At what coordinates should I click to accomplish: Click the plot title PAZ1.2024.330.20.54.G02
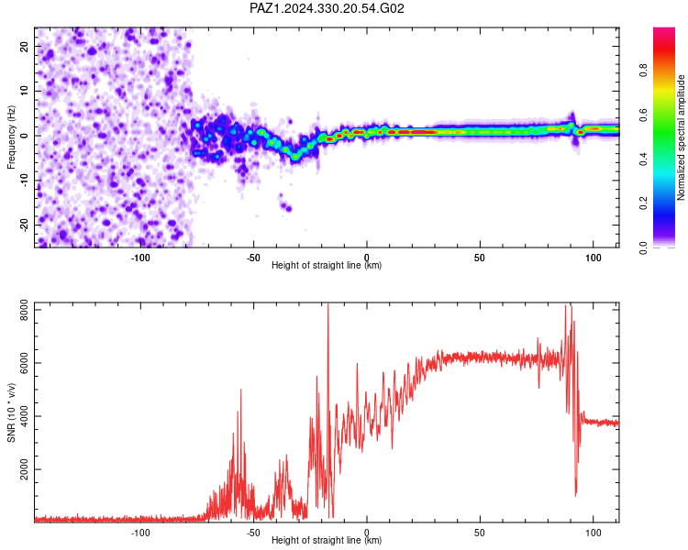point(327,8)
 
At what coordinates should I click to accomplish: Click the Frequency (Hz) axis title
point(11,137)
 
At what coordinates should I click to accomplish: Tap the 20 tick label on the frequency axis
point(24,47)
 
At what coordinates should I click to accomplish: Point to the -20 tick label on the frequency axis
point(24,225)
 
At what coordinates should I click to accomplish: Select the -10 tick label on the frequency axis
point(24,181)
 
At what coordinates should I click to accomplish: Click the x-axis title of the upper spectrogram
point(327,265)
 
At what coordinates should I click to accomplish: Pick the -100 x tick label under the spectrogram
point(140,258)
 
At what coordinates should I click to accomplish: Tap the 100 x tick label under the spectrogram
point(594,258)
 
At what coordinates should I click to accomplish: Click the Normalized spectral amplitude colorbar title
point(681,137)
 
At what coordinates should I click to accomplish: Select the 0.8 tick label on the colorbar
point(643,71)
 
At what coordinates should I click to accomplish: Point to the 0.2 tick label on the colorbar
point(643,203)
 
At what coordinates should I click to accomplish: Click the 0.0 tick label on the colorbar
point(643,247)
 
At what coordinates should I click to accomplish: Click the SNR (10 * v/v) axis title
point(11,412)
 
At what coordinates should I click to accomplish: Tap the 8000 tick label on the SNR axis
point(24,310)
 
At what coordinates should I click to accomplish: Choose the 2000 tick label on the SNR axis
point(24,469)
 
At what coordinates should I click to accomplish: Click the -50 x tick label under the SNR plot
point(253,533)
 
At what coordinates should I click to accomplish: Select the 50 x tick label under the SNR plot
point(480,533)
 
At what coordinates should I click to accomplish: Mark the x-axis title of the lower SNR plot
point(327,540)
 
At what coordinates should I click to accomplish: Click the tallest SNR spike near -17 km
point(327,304)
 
